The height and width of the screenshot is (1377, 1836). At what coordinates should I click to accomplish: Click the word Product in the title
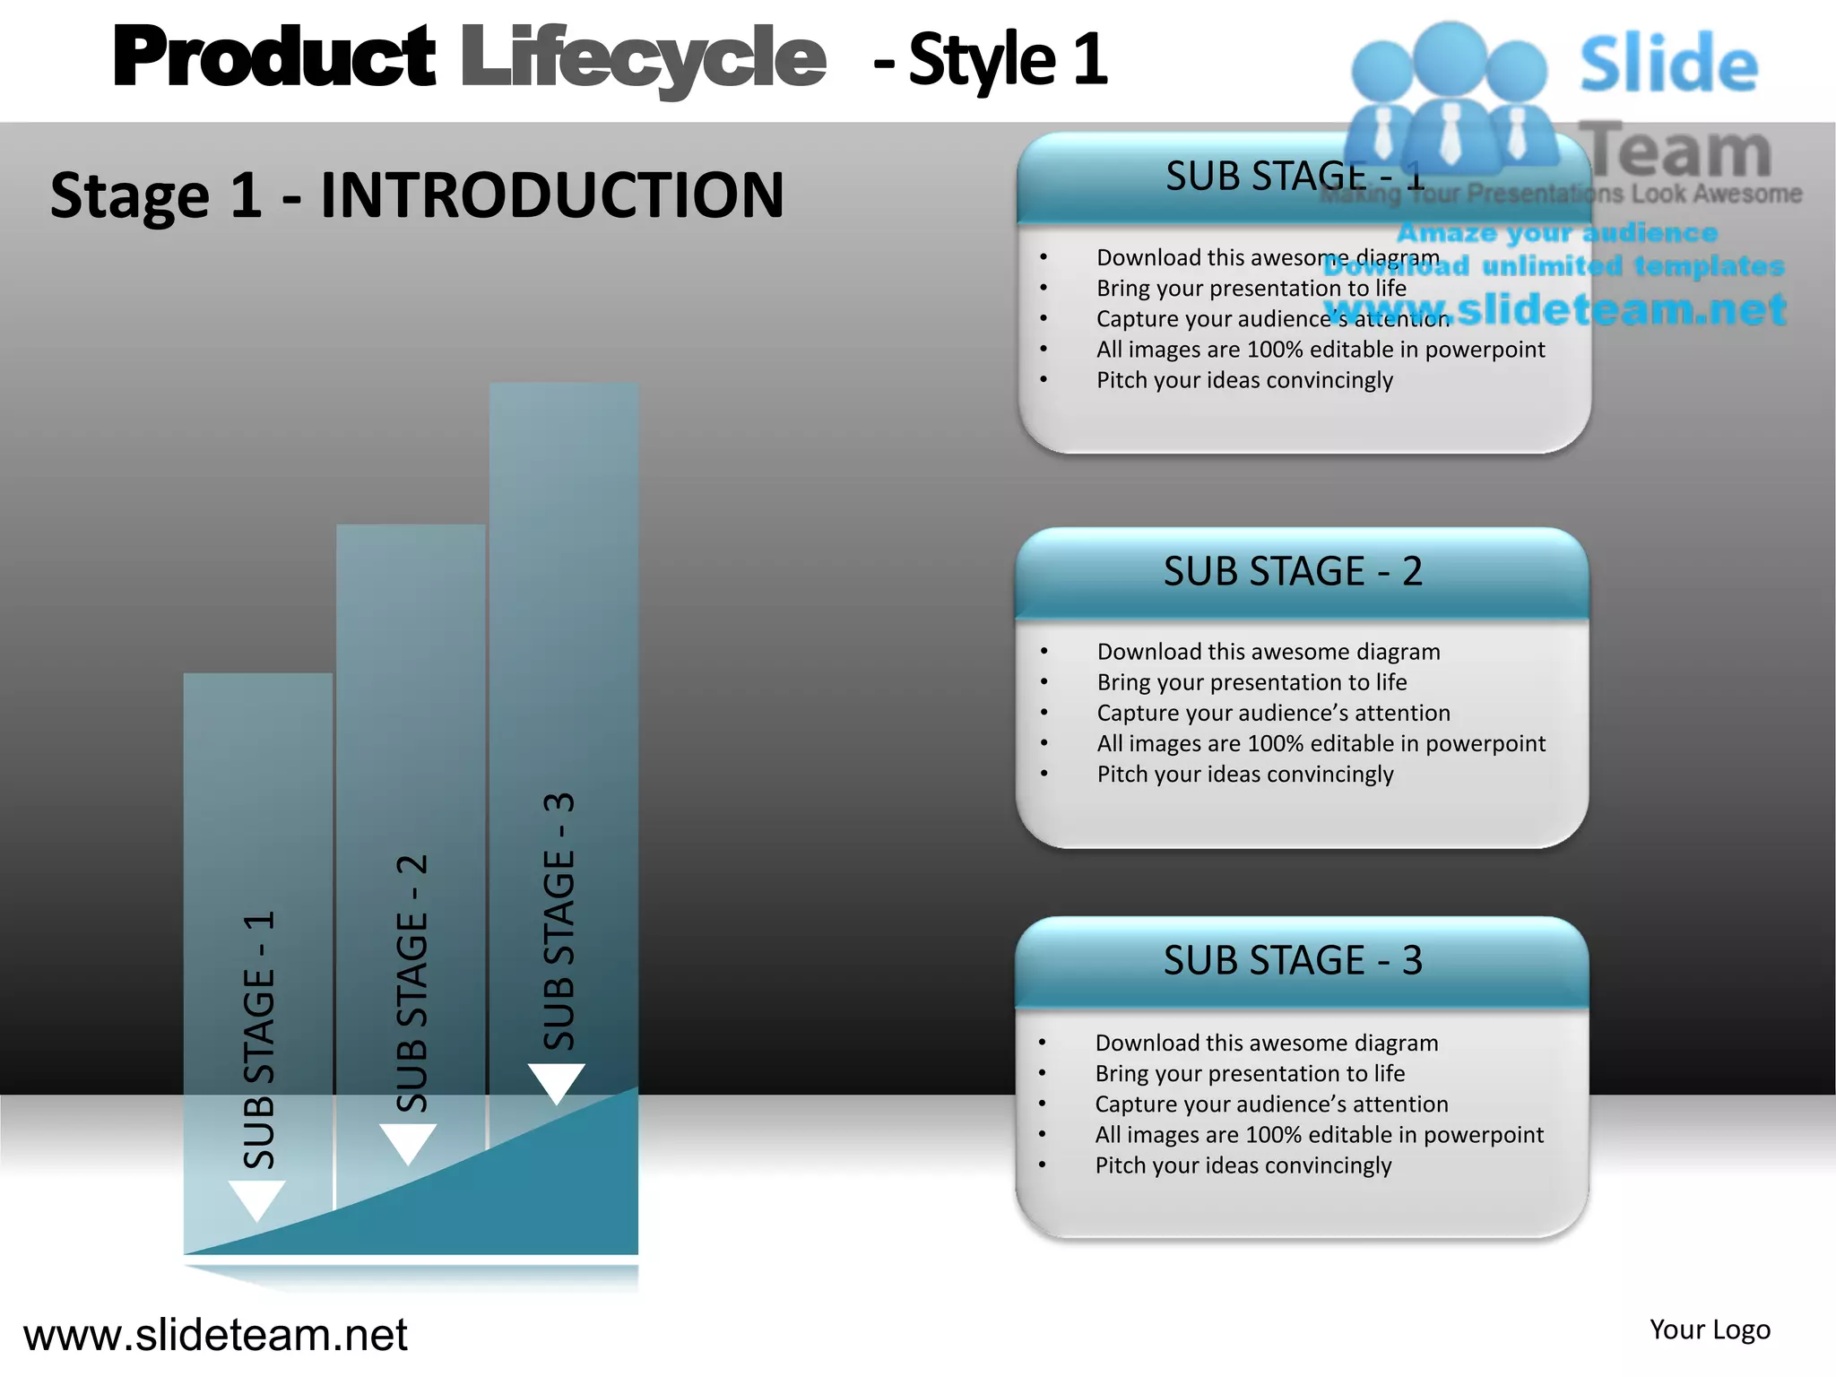(273, 57)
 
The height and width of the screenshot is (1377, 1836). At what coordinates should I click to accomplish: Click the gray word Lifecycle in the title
(643, 59)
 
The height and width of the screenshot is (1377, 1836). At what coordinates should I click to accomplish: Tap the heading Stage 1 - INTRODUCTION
(417, 195)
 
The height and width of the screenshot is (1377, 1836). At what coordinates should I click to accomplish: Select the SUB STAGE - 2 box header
(1293, 571)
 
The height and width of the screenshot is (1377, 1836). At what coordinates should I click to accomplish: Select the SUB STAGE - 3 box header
(1293, 960)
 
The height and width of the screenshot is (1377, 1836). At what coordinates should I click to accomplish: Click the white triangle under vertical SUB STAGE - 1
(257, 1199)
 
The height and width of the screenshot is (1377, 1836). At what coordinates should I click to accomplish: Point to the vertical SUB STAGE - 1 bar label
(260, 1040)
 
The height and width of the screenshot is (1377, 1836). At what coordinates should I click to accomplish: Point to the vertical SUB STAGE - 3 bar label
(559, 921)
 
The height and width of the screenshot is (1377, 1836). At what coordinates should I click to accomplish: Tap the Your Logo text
(1710, 1329)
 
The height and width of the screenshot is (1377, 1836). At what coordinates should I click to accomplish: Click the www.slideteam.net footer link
(215, 1335)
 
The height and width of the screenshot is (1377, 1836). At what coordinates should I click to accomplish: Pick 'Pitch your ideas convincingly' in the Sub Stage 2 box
(1245, 774)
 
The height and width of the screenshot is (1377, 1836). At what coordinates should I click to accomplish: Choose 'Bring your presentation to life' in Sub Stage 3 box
(1250, 1073)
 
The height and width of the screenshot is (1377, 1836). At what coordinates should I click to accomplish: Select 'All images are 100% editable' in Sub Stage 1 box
(1321, 349)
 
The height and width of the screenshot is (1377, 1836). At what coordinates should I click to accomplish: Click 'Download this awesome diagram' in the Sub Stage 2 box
(1269, 652)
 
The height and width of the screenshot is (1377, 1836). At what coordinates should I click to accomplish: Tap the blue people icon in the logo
(1450, 99)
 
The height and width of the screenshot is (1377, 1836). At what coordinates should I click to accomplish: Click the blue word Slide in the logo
(1668, 65)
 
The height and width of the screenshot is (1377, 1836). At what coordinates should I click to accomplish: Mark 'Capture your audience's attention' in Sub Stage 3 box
(1271, 1104)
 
